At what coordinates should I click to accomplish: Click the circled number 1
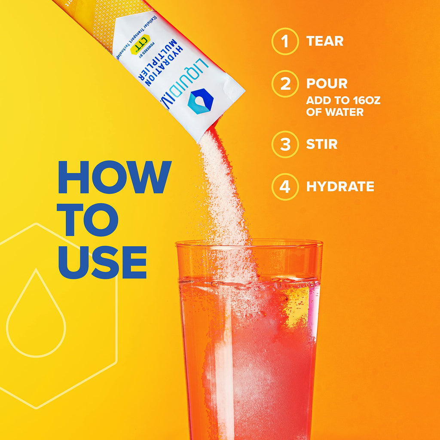click(284, 41)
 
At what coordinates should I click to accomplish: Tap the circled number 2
click(284, 84)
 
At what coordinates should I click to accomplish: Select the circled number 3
click(284, 144)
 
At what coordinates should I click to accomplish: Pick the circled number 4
click(284, 186)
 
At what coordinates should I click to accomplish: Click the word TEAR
click(325, 41)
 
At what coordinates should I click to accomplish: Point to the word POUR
click(327, 84)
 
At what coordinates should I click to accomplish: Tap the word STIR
click(322, 144)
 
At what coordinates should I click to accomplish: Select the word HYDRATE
click(340, 186)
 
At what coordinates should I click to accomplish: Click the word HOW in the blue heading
click(115, 177)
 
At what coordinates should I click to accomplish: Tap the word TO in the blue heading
click(88, 220)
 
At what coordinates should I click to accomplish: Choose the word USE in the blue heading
click(102, 263)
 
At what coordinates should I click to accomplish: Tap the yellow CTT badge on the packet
click(140, 43)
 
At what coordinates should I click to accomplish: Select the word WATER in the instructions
click(342, 113)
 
